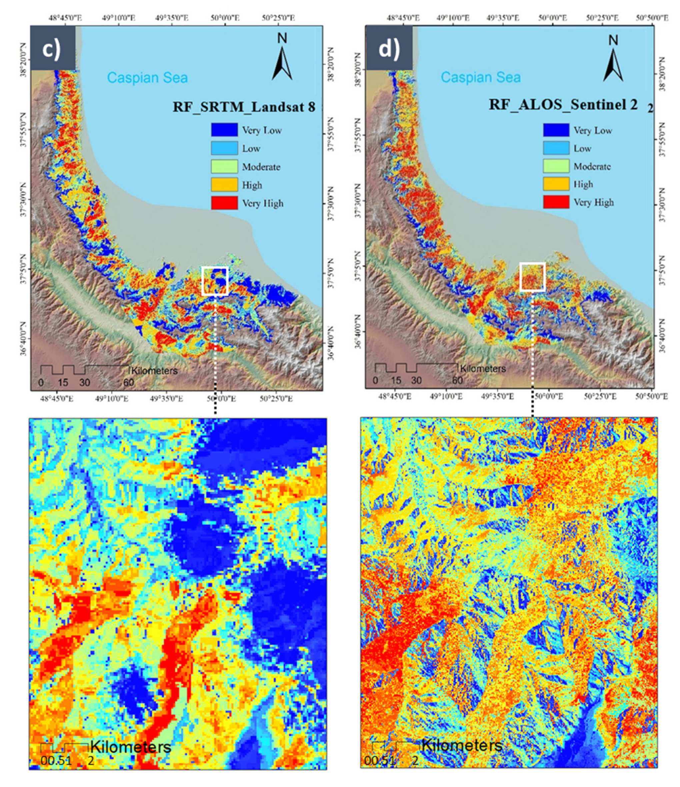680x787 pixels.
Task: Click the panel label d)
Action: click(x=388, y=48)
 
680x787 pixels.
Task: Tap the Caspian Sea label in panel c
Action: click(x=147, y=78)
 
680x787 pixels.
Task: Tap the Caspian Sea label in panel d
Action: click(x=481, y=78)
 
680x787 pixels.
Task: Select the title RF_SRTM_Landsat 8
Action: click(x=244, y=107)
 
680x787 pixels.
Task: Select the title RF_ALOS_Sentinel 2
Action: click(x=563, y=105)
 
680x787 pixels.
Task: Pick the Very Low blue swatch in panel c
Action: click(x=224, y=130)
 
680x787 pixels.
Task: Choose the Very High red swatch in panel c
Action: click(x=224, y=203)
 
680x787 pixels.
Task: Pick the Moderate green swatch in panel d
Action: click(x=556, y=166)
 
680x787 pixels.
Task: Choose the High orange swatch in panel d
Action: click(x=556, y=184)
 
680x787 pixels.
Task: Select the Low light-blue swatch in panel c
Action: click(x=224, y=149)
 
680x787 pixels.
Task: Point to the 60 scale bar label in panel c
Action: click(x=128, y=382)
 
